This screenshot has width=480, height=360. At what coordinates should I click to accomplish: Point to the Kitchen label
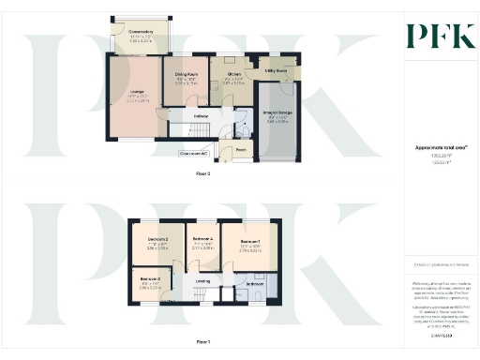(234, 73)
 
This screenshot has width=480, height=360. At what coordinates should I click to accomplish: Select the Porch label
(241, 149)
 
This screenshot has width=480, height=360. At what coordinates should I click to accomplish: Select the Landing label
(202, 280)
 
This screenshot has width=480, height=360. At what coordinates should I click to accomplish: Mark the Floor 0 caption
(203, 173)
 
